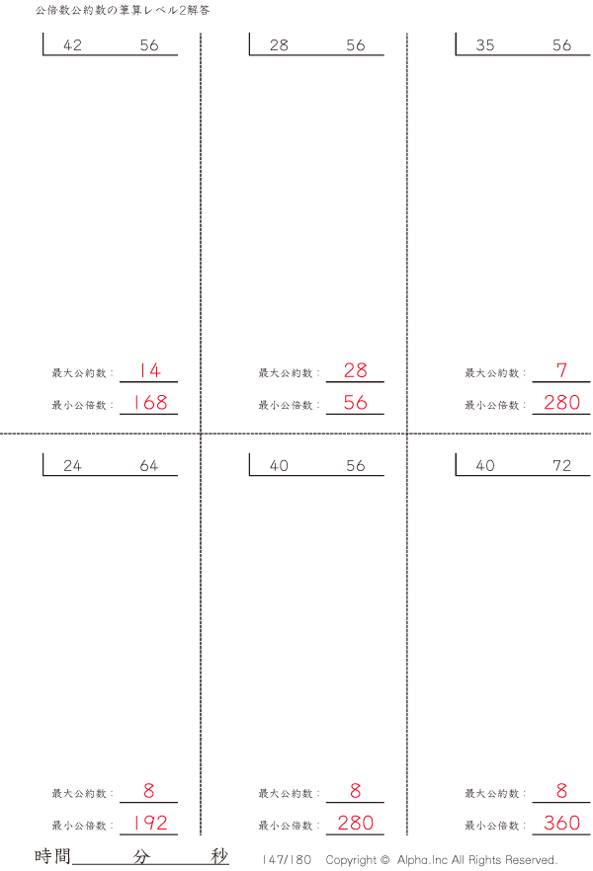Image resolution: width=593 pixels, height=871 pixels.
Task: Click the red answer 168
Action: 150,402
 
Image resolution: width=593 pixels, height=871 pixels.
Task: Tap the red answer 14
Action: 149,370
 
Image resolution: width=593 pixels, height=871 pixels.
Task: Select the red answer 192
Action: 150,823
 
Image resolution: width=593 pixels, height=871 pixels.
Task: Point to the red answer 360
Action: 562,823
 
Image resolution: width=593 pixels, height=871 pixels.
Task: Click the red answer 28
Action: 356,370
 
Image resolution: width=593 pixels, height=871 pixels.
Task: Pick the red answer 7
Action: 562,370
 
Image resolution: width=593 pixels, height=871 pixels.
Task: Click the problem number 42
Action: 73,45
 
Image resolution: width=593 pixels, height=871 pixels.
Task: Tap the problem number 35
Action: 485,45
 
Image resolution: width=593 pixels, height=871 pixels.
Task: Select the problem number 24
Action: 72,465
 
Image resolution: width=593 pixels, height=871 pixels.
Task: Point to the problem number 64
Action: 149,465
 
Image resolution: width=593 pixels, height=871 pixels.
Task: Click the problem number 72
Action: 562,465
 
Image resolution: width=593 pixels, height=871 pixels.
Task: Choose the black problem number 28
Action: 279,45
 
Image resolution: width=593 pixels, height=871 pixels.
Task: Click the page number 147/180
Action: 287,859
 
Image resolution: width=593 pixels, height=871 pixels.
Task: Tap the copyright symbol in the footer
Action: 384,859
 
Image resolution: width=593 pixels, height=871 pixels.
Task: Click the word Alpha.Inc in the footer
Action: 422,859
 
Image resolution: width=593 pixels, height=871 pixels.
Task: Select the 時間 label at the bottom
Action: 52,856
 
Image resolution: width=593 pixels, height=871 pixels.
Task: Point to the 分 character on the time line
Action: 141,856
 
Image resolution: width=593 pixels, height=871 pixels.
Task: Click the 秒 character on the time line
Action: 219,856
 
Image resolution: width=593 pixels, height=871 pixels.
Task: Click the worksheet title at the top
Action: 123,10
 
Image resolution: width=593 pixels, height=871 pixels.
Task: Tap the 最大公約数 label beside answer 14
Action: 79,372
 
